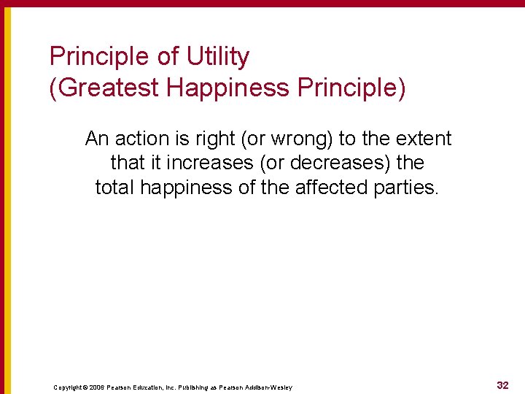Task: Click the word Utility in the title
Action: click(x=217, y=57)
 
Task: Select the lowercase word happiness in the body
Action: click(x=186, y=188)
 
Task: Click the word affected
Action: click(x=332, y=188)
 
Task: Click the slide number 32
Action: click(x=502, y=385)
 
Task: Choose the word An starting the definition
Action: click(x=96, y=139)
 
